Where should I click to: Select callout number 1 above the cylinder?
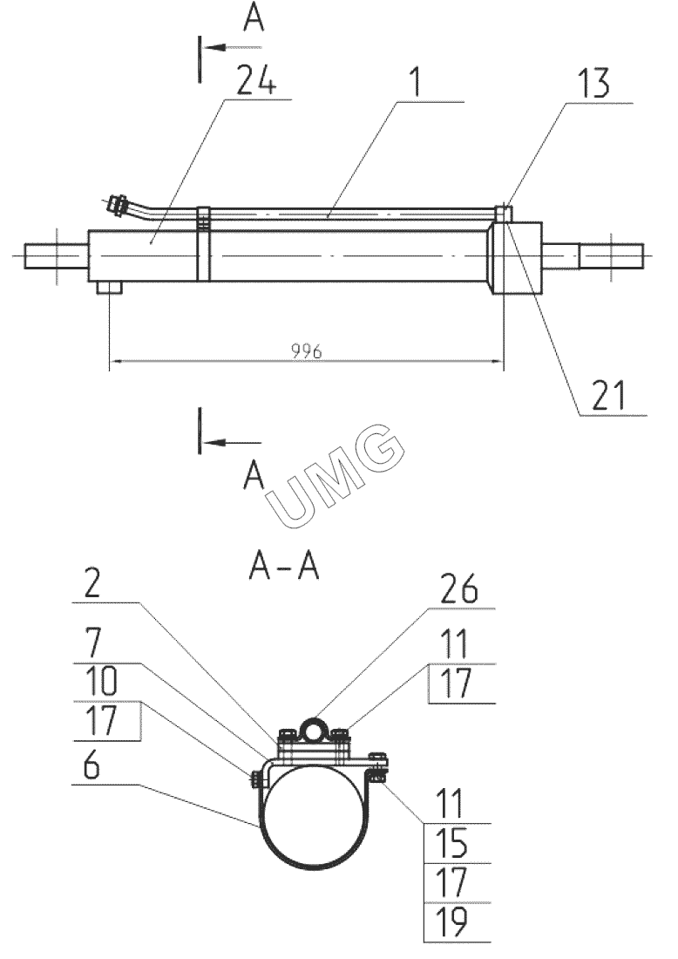point(416,82)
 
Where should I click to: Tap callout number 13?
point(593,83)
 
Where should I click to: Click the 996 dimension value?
point(306,351)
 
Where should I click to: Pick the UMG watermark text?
point(335,474)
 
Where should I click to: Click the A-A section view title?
point(284,567)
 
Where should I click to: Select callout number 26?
point(458,589)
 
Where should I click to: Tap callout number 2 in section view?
point(92,584)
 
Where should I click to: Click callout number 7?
point(93,643)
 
